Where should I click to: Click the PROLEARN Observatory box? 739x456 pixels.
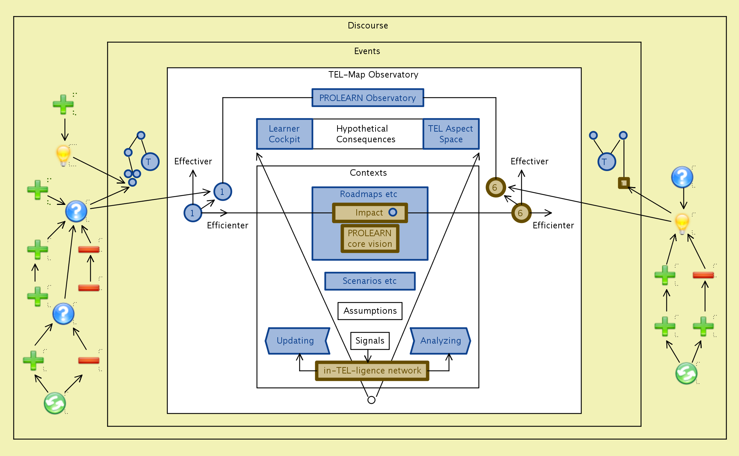(368, 98)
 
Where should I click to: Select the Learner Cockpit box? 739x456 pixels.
(285, 134)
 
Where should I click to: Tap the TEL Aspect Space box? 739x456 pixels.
(451, 134)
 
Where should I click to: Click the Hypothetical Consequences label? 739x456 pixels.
(366, 134)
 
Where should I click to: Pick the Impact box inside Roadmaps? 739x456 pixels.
(370, 213)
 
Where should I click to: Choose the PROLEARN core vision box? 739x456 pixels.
(370, 238)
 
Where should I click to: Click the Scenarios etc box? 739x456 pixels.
(369, 281)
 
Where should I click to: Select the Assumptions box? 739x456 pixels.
(370, 311)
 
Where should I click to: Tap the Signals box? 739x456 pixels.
(370, 341)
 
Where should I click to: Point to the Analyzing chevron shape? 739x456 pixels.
(440, 341)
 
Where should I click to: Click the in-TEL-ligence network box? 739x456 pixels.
(372, 371)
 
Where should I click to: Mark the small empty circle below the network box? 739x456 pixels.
(371, 400)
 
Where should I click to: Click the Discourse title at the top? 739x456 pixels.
(368, 26)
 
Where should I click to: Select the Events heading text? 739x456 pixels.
(367, 51)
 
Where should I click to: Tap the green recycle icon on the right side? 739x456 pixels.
(686, 373)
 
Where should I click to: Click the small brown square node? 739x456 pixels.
(624, 183)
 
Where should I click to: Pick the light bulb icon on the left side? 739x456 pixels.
(63, 155)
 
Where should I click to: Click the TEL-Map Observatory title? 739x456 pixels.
(373, 75)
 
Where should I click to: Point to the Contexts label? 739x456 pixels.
(368, 173)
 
